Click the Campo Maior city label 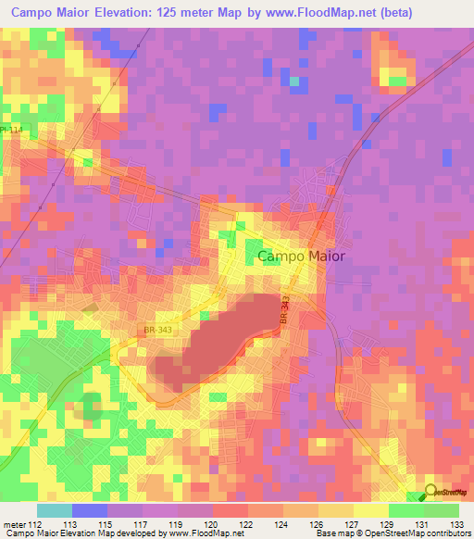tap(301, 257)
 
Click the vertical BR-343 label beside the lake tap(286, 309)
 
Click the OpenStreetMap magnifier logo tap(431, 492)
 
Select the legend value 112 tap(36, 524)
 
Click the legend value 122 tap(247, 524)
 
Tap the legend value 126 tap(318, 524)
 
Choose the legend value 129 tap(388, 524)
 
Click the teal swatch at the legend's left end tap(54, 510)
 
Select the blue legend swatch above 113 tap(89, 510)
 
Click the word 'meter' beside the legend tap(14, 524)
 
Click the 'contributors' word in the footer tap(449, 534)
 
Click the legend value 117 tap(142, 524)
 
